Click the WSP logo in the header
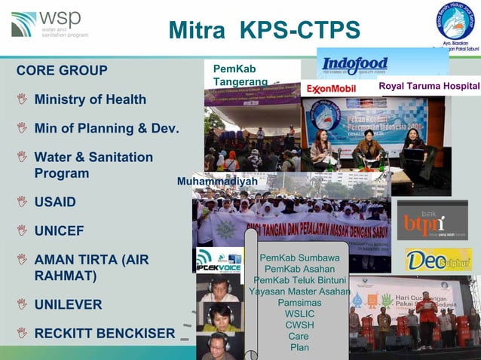[48, 24]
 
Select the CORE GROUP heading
[62, 71]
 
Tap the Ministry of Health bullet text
[90, 99]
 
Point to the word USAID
[55, 202]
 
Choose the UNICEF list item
[59, 230]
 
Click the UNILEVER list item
[68, 304]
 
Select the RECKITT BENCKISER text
[104, 332]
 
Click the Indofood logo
[355, 65]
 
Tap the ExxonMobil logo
[331, 89]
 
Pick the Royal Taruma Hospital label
[428, 87]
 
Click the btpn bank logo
[432, 220]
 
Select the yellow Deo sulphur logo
[437, 260]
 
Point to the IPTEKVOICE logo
[219, 260]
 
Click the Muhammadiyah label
[217, 182]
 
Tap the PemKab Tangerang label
[240, 75]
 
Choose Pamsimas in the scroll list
[299, 302]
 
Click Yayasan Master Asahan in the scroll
[299, 291]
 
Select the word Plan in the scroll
[299, 347]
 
